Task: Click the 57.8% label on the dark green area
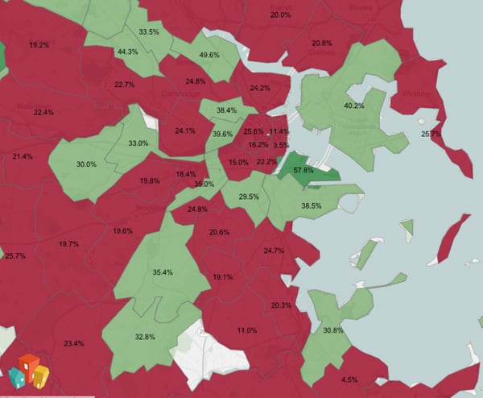click(303, 171)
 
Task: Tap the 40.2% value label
click(354, 106)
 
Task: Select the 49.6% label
click(209, 55)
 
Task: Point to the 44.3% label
click(127, 52)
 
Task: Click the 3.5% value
click(281, 146)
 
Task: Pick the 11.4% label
click(279, 131)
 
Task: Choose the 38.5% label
click(311, 205)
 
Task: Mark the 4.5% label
click(349, 379)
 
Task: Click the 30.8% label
click(332, 330)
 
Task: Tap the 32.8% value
click(145, 337)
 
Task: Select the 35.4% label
click(163, 273)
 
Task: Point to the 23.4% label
click(73, 344)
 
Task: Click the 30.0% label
click(86, 164)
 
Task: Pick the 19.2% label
click(39, 44)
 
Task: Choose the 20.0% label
click(280, 15)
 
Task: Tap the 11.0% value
click(247, 330)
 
